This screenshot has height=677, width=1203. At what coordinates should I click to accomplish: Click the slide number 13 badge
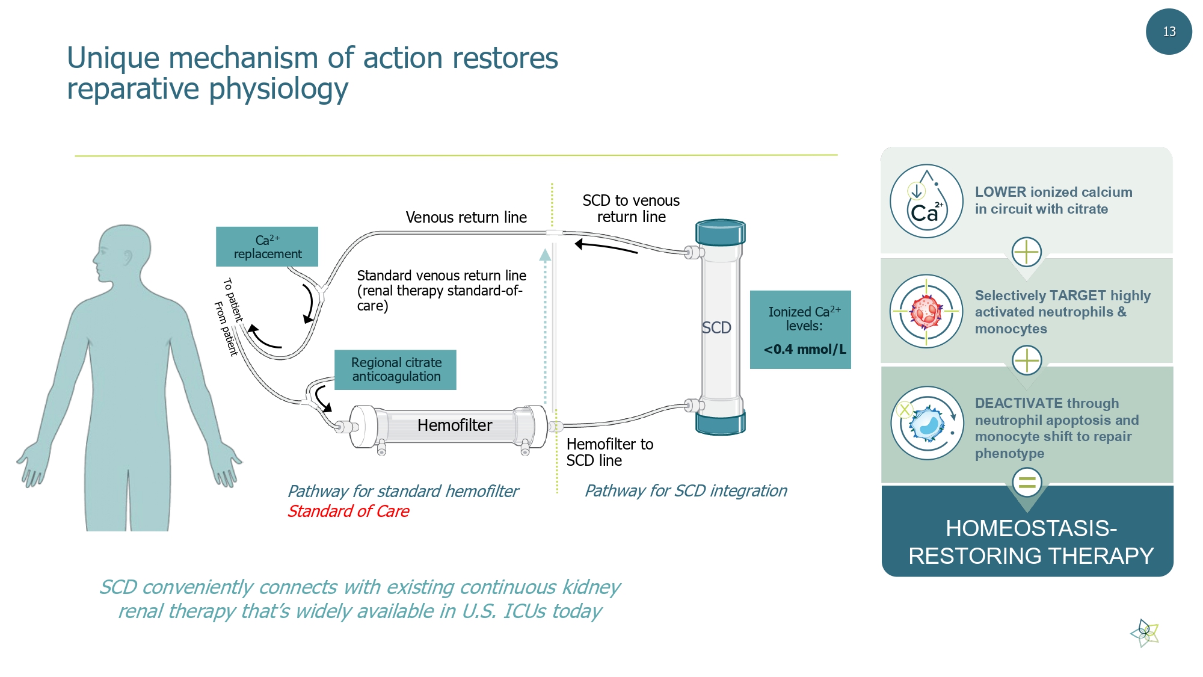(1168, 32)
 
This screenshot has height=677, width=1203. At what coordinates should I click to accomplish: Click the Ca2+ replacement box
(267, 247)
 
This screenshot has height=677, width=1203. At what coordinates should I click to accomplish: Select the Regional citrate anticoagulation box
(396, 369)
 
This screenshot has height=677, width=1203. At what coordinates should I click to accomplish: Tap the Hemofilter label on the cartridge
(455, 425)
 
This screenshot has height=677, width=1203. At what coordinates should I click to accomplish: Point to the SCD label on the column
(716, 328)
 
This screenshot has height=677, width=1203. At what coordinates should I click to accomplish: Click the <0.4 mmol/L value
(804, 349)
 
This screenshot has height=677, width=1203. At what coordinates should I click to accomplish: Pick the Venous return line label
(466, 217)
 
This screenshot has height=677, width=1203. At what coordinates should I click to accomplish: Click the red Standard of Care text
(348, 512)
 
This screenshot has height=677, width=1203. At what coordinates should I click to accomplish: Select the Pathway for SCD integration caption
(686, 491)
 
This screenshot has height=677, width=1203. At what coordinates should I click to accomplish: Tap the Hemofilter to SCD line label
(609, 452)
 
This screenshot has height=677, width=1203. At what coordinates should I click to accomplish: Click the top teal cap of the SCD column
(720, 232)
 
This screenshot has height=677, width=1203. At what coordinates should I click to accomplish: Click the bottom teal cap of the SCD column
(720, 422)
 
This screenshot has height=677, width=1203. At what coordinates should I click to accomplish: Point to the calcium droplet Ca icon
(926, 202)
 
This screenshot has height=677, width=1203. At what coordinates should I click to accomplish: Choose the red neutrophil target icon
(926, 311)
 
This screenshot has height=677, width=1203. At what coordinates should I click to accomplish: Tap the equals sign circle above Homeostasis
(1027, 482)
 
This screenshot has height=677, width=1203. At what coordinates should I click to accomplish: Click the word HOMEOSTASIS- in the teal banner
(1031, 528)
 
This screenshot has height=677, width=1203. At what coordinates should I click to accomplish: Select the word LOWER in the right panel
(1000, 192)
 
